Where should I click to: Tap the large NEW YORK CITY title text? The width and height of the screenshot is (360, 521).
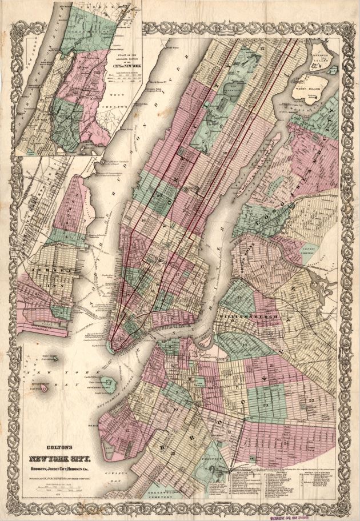click(x=59, y=459)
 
